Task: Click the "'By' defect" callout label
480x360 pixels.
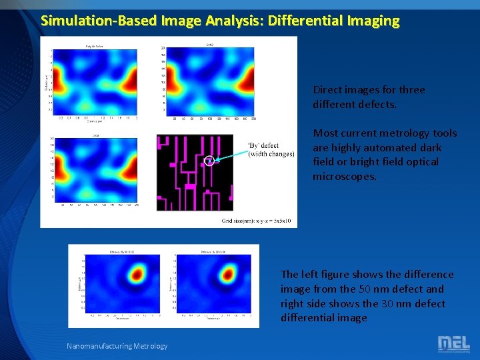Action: click(x=263, y=145)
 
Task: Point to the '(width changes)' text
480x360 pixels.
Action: click(x=271, y=154)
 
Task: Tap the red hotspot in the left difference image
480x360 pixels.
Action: click(x=138, y=273)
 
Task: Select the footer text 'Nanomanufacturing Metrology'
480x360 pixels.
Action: click(x=117, y=345)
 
